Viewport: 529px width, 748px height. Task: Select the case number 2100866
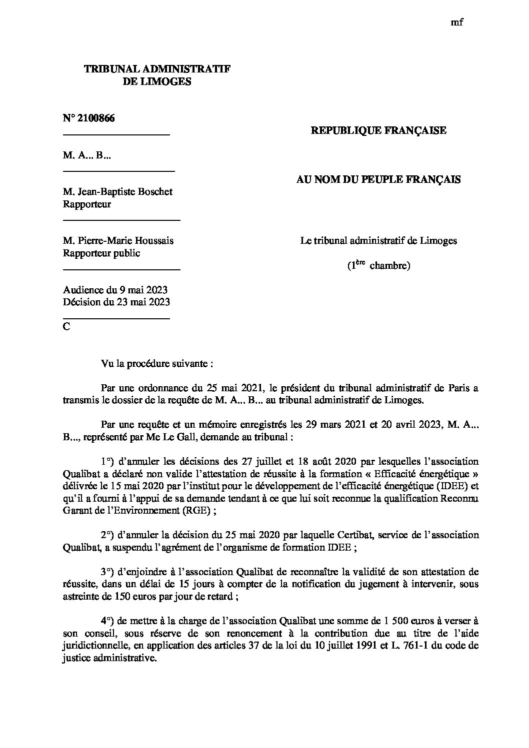(x=89, y=118)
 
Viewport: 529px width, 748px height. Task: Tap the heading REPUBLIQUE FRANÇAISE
(x=378, y=131)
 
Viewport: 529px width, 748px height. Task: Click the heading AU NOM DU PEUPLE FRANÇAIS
(x=378, y=180)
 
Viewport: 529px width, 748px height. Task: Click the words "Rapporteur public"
(x=101, y=253)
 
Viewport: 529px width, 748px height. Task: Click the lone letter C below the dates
(x=66, y=327)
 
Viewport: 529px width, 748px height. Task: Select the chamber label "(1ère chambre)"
(x=378, y=265)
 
